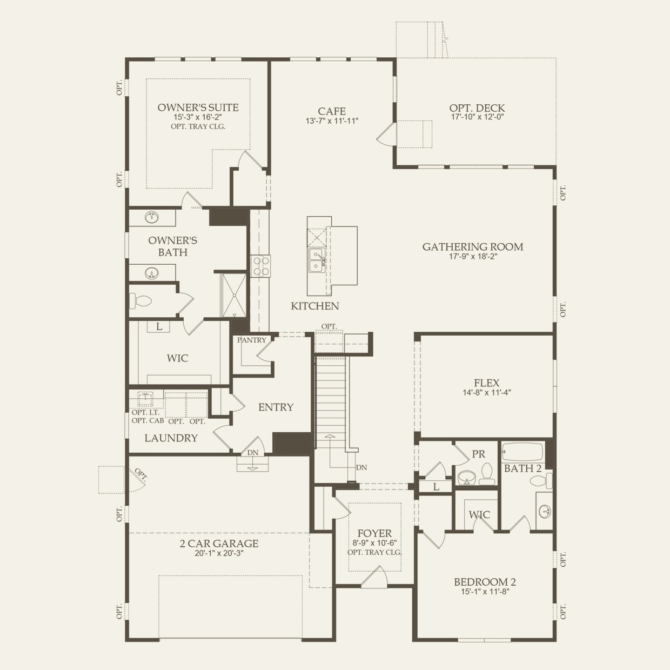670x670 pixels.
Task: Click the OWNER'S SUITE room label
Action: coord(198,108)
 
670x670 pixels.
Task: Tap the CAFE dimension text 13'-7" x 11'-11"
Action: coord(332,121)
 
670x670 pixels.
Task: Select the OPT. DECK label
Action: coord(477,108)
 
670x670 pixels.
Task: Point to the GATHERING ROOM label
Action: coord(473,247)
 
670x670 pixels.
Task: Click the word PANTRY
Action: coord(252,340)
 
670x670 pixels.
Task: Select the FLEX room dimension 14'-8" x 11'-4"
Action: coord(487,393)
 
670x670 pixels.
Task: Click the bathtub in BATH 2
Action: coord(522,452)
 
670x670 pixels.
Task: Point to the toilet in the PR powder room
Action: coord(487,474)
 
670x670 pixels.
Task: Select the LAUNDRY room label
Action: coord(171,438)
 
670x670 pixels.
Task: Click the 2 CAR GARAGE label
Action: coord(219,544)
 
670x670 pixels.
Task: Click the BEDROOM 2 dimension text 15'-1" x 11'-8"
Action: coord(485,591)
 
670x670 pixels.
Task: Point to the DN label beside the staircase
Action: coord(361,467)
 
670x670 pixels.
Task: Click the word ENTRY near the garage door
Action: coord(276,407)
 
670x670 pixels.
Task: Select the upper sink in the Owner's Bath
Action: coord(152,218)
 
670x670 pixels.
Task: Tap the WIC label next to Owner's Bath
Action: coord(177,358)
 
